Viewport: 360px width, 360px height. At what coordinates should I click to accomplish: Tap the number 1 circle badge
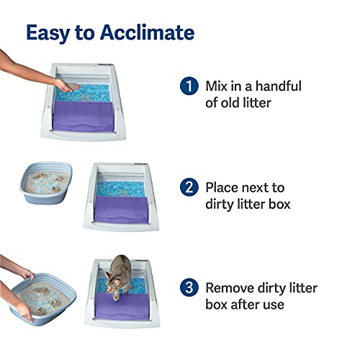coord(189,86)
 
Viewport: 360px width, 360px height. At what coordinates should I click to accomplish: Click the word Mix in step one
coord(218,86)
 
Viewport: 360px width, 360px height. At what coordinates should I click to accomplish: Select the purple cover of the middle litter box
coord(122,212)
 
